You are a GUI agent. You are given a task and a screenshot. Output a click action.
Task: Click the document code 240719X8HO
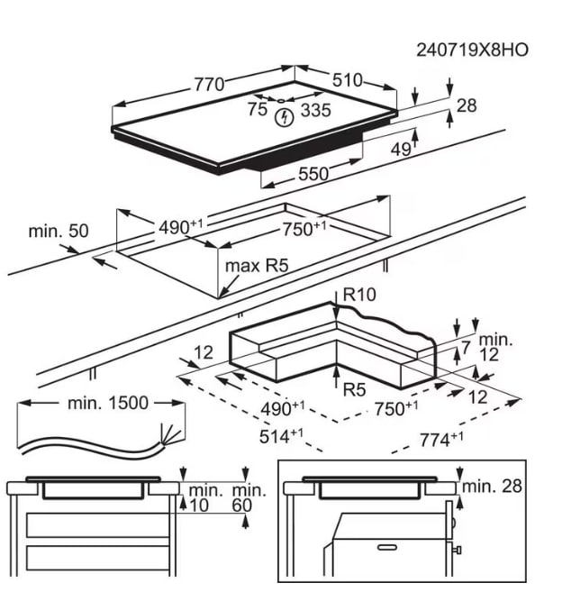tap(472, 49)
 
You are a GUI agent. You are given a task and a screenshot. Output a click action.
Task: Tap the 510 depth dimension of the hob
tap(347, 79)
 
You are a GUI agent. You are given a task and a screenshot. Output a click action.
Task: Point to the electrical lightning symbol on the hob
tap(286, 116)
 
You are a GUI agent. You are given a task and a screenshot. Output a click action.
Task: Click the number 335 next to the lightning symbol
tap(315, 110)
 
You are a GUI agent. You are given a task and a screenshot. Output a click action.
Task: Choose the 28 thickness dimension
tap(467, 105)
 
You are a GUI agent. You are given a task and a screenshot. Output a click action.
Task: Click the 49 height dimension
tap(400, 149)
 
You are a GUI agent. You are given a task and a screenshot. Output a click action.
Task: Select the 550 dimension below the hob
tap(313, 175)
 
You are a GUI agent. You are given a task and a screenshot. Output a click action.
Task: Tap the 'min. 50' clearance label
tap(59, 232)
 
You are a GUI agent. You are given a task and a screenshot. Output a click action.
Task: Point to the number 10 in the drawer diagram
tap(200, 506)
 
